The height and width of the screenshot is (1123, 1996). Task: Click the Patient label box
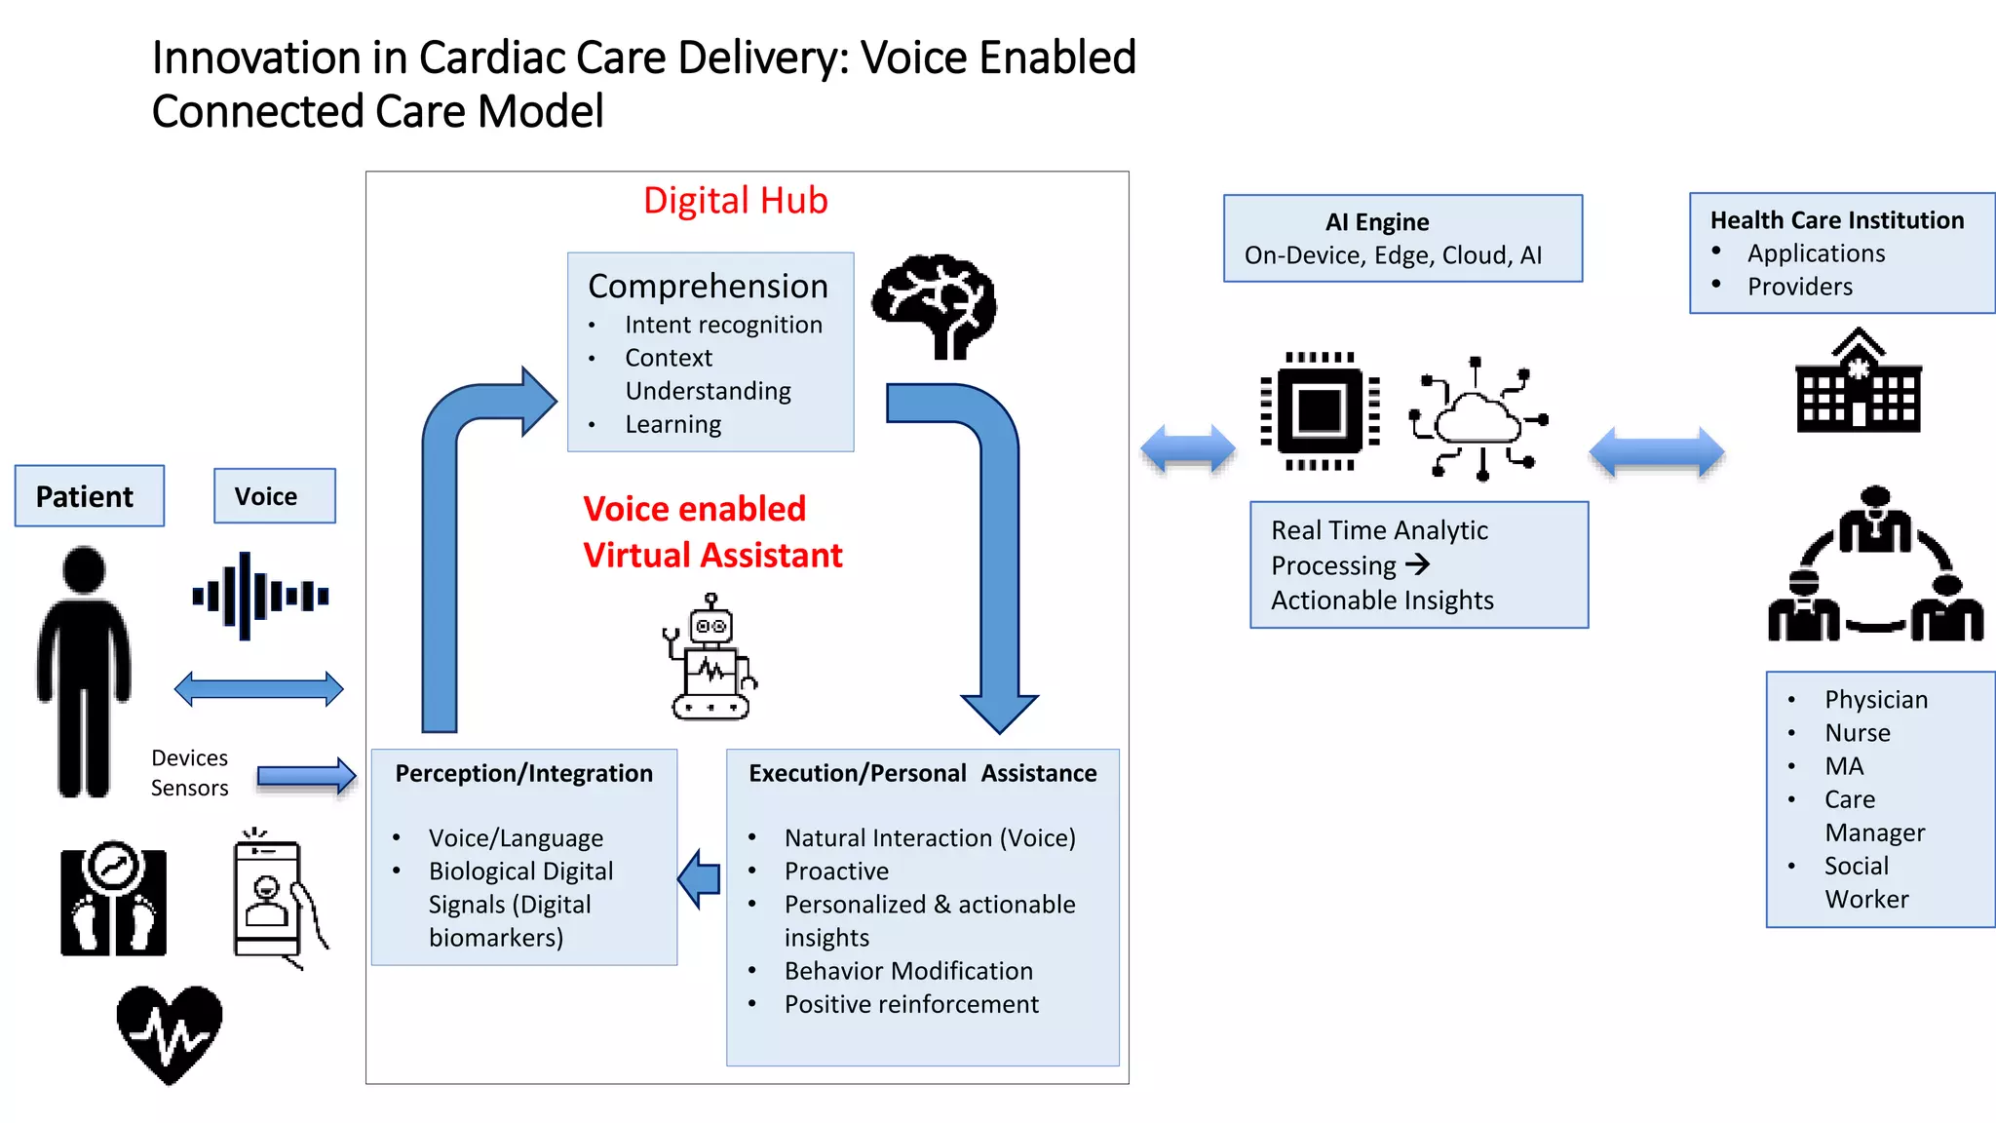(89, 496)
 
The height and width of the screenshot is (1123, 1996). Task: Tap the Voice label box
(274, 496)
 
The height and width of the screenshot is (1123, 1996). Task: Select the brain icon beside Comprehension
(934, 306)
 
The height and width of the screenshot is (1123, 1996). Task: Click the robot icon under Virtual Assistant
(711, 659)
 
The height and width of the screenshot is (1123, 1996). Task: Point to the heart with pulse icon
(170, 1033)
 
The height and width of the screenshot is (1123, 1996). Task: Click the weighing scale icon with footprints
(113, 899)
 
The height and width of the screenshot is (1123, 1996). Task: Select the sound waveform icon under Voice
(260, 595)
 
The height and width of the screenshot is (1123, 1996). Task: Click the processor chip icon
(1320, 410)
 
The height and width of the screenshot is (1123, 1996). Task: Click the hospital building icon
(1858, 382)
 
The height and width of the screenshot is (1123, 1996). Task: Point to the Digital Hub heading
(735, 201)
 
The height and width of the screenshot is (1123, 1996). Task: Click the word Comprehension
(708, 287)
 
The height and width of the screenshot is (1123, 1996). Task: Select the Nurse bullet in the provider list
(1857, 733)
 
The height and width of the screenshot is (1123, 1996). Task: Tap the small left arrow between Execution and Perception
(699, 878)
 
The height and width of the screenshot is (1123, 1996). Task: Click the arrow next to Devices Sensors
(306, 776)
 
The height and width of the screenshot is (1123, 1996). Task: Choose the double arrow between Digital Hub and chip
(1187, 449)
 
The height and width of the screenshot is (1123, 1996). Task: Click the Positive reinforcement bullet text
(911, 1004)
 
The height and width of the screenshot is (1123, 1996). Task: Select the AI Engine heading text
(1376, 222)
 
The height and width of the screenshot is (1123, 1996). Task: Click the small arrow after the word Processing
(1418, 564)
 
